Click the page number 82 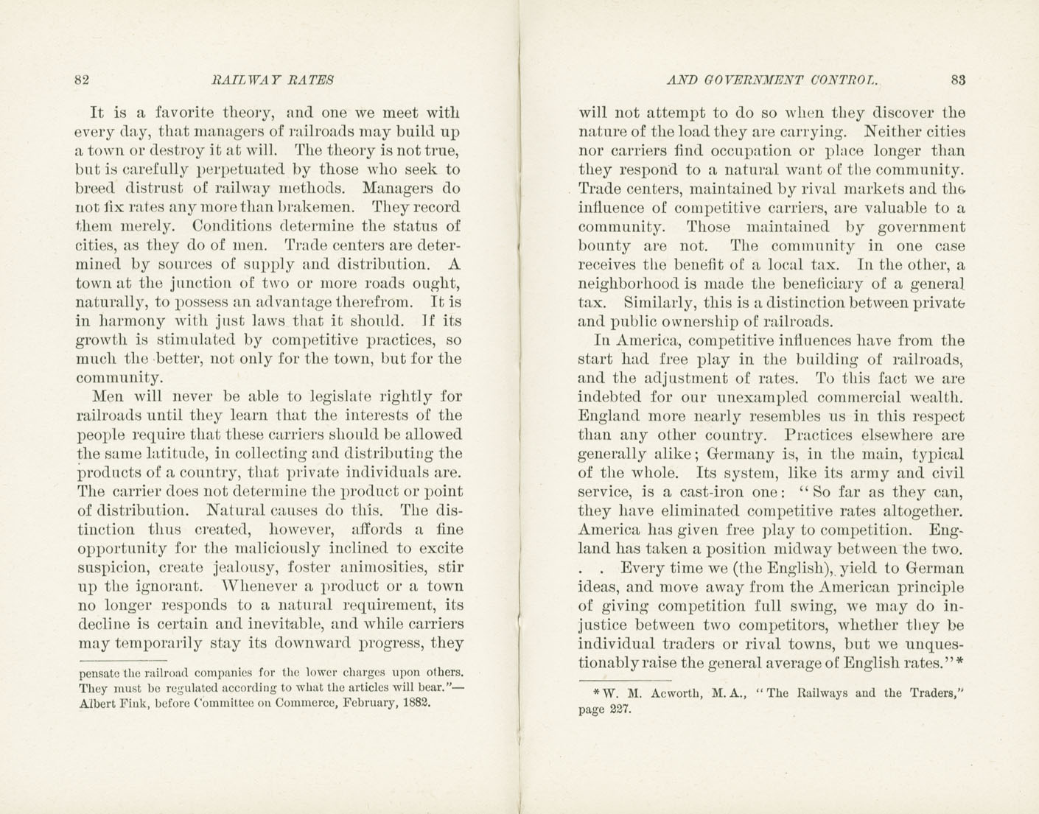pos(82,80)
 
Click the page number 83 pos(958,80)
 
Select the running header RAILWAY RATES pos(273,80)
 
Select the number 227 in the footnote pos(619,711)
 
